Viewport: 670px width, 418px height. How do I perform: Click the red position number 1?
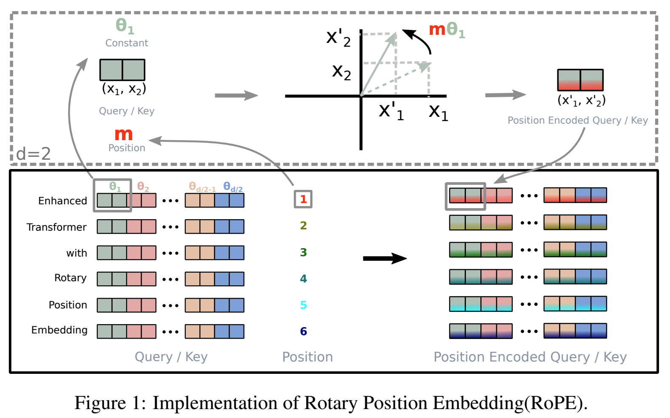303,199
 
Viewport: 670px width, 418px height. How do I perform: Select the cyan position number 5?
303,305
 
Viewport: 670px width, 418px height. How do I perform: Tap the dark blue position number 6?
303,331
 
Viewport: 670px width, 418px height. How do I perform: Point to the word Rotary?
70,278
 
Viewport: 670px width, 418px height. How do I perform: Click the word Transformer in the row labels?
57,227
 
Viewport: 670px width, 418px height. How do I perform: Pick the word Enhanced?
62,201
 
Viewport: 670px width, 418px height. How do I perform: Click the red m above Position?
124,135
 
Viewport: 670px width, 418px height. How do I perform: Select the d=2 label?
33,153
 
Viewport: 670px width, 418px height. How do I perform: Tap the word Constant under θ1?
127,43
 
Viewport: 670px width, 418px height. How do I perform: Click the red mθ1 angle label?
447,30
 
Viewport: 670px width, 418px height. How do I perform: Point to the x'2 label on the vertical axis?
338,38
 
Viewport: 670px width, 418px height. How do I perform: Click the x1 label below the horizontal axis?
438,112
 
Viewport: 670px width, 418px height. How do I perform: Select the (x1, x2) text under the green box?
124,89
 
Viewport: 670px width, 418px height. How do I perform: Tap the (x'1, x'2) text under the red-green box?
581,100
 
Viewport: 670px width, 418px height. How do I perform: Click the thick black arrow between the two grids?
384,258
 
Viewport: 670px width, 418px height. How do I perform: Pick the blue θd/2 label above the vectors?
233,186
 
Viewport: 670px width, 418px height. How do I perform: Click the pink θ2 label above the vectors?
143,186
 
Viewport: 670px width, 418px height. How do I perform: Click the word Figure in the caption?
100,403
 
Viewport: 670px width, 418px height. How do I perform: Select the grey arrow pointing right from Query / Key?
236,96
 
